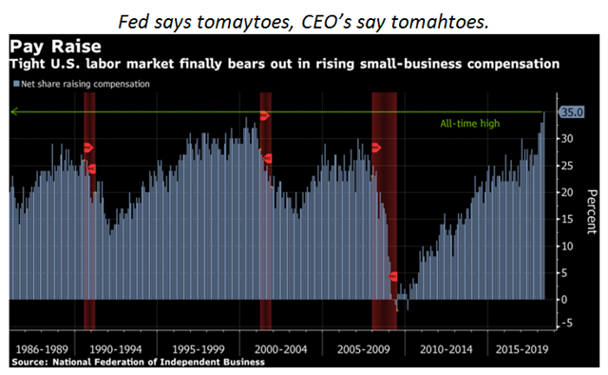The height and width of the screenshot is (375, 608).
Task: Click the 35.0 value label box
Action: pos(571,112)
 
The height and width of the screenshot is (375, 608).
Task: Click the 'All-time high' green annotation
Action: pos(470,124)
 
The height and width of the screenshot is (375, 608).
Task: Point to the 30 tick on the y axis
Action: pos(567,139)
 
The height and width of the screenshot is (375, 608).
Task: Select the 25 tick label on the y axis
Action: pos(567,166)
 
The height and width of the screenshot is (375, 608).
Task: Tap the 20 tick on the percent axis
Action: pos(567,192)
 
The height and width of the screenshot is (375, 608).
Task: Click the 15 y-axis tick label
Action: pos(567,219)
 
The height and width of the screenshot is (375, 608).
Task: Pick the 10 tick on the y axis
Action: pos(567,246)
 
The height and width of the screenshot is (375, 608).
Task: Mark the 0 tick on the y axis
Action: pos(564,300)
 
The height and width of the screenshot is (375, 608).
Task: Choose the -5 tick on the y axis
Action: pos(566,323)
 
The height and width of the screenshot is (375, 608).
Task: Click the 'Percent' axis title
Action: pos(591,212)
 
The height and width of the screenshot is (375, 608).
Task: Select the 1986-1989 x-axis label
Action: pos(42,349)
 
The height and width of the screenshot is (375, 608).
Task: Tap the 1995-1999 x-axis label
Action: pos(199,349)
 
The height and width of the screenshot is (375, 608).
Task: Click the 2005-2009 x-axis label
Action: pos(363,349)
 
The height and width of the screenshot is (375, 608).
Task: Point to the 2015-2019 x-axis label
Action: pos(522,349)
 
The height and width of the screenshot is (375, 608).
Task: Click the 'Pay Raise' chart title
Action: pos(55,47)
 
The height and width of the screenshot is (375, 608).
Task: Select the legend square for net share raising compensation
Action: pos(16,84)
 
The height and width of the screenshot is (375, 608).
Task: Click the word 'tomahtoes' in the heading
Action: pos(439,22)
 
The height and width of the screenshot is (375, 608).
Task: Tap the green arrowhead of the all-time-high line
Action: pos(15,112)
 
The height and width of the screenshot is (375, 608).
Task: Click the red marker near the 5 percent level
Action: pos(392,276)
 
